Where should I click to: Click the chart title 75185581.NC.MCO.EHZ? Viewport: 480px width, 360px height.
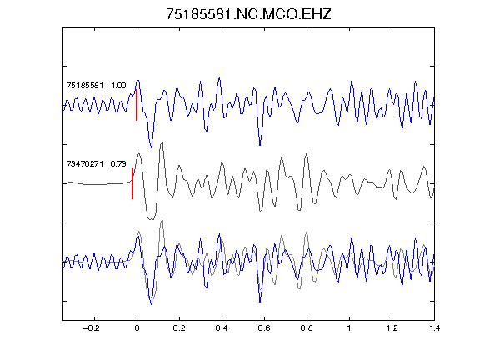click(248, 14)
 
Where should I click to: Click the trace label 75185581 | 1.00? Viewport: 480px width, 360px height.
click(96, 85)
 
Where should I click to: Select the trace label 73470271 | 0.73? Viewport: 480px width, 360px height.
click(96, 164)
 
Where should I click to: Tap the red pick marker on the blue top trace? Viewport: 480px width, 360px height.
click(137, 105)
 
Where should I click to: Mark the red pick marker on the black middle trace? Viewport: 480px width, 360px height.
click(132, 183)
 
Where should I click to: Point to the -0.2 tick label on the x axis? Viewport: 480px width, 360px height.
click(91, 328)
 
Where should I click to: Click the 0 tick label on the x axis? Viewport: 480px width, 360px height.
click(137, 328)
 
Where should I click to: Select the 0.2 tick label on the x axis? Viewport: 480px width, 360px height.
click(179, 328)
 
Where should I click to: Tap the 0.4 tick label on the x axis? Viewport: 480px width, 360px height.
click(222, 328)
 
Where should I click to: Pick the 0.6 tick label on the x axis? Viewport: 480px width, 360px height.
click(264, 328)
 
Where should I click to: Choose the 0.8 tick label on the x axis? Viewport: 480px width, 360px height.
click(307, 328)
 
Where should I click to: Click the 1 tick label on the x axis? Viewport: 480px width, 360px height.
click(349, 328)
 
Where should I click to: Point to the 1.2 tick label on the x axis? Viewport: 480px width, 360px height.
click(392, 328)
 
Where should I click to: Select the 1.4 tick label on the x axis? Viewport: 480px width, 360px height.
click(434, 328)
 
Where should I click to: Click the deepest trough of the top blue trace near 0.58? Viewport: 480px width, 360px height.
click(260, 145)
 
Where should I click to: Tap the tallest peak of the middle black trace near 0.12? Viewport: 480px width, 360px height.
click(162, 141)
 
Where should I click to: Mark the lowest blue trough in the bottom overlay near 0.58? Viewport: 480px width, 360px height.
click(260, 302)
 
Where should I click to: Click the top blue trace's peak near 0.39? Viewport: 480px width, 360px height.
click(219, 77)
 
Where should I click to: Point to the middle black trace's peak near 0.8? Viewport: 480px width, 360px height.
click(307, 153)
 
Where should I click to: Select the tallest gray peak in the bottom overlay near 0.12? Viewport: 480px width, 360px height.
click(162, 220)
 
